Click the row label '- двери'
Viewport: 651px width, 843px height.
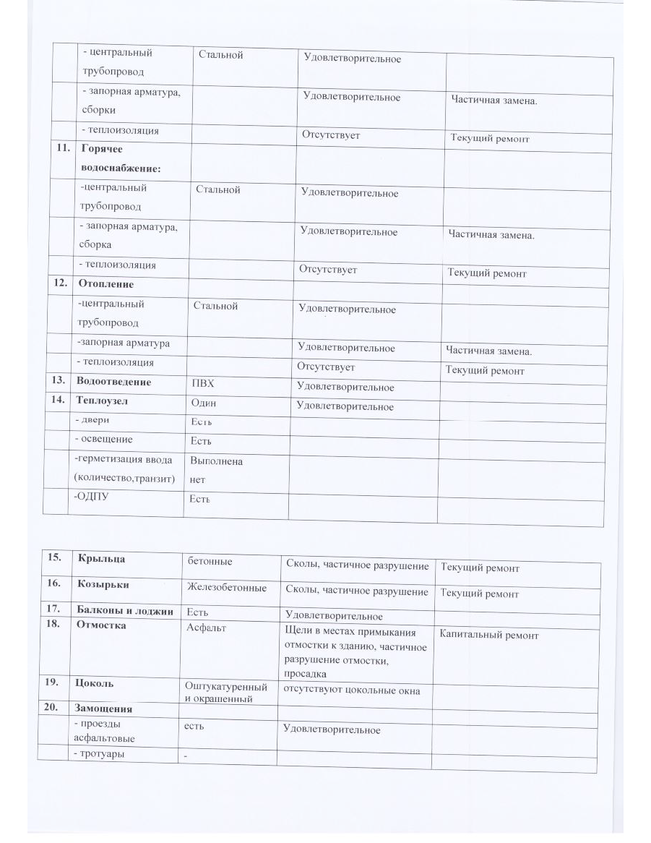93,419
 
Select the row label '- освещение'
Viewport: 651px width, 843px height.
103,439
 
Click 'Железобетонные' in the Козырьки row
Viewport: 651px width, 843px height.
226,588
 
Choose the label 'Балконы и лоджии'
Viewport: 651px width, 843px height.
124,611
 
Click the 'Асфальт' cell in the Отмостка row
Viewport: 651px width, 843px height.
206,628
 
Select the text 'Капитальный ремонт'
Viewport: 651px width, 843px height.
489,635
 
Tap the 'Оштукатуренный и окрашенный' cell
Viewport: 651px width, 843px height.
225,693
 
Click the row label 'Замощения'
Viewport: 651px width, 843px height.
104,709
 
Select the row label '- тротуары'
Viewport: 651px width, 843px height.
100,754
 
